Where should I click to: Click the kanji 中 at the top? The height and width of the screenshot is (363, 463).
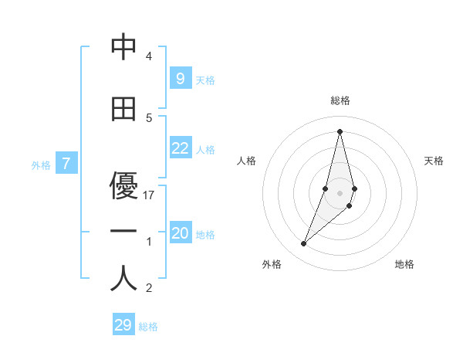tap(123, 49)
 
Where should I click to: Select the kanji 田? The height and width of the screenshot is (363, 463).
tap(123, 109)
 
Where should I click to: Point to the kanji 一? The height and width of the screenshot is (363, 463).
tap(123, 232)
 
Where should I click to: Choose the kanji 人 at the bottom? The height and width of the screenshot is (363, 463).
tap(123, 279)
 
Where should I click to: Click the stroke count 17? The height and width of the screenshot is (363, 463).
tap(150, 195)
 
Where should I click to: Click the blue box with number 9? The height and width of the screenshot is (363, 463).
tap(180, 78)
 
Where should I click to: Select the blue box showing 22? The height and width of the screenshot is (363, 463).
tap(180, 149)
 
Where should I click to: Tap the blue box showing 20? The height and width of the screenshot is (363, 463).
tap(180, 234)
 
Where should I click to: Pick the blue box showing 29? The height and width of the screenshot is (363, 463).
tap(123, 325)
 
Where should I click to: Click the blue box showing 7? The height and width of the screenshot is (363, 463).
tap(67, 163)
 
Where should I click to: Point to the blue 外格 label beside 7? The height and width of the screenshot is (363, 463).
tap(41, 165)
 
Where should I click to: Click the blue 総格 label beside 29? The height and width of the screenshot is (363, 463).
tap(148, 327)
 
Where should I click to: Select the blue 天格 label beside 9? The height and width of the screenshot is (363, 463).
tap(205, 80)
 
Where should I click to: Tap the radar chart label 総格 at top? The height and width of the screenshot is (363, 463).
tap(340, 100)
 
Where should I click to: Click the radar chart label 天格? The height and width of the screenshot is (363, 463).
tap(434, 161)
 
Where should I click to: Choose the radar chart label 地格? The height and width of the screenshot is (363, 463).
tap(404, 264)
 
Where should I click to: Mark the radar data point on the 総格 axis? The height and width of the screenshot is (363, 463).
tap(340, 131)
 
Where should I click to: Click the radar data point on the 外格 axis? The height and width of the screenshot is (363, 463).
tap(304, 244)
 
